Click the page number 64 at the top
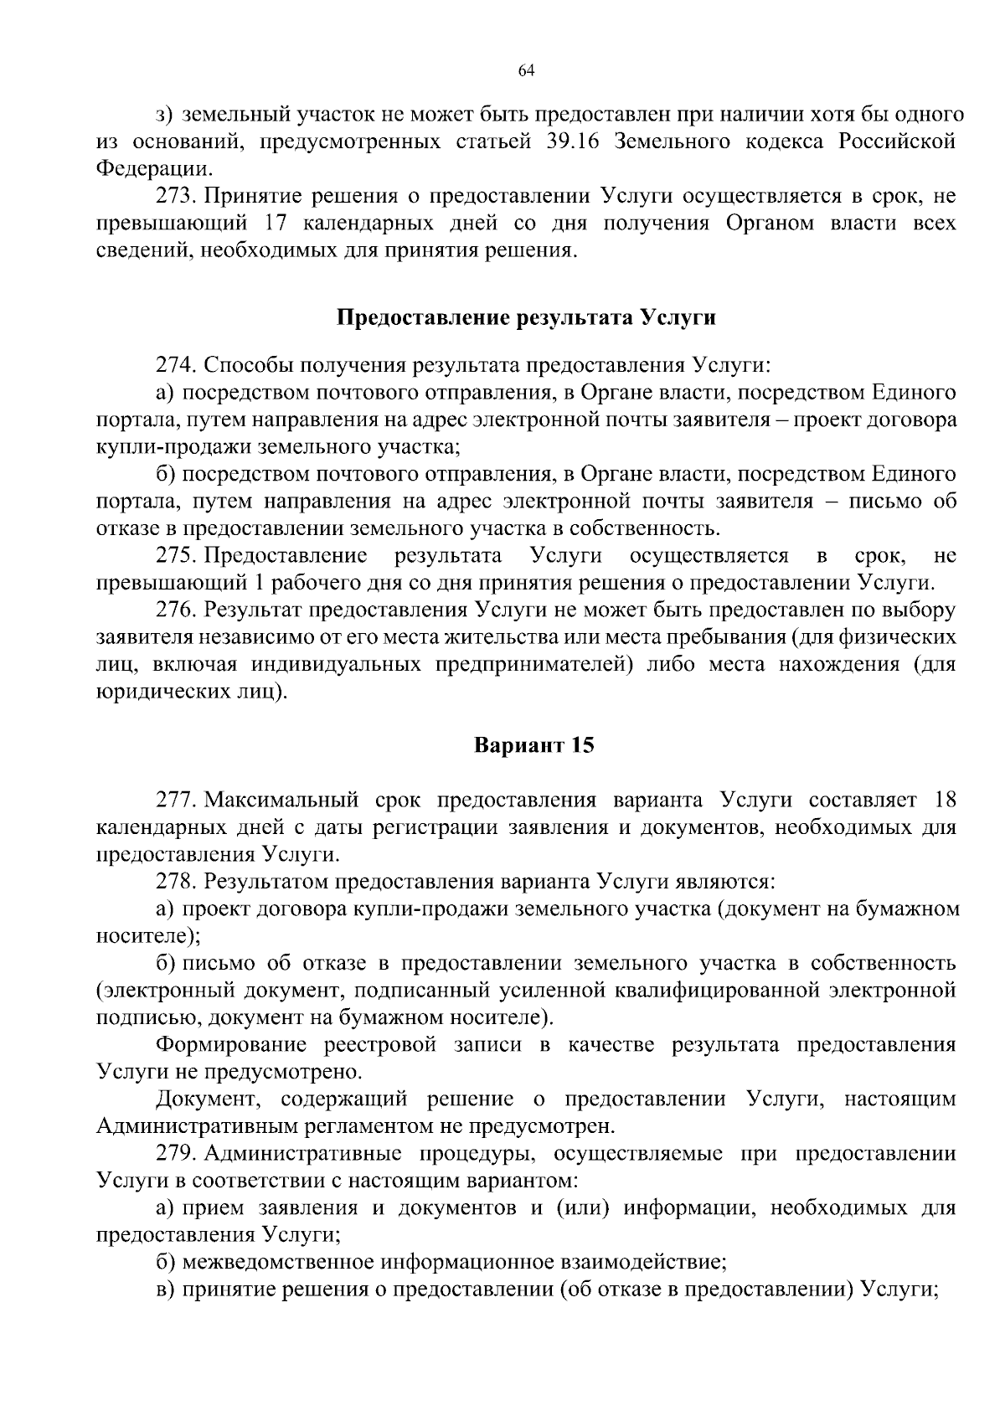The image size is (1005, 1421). [x=526, y=71]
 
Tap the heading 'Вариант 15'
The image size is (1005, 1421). [x=534, y=744]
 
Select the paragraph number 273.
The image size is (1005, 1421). [x=175, y=197]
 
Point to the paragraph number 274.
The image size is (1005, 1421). [x=175, y=366]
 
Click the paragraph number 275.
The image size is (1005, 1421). [x=175, y=556]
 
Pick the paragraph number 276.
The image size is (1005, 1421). [x=175, y=610]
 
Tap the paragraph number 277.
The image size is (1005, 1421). [x=175, y=800]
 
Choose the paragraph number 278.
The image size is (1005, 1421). [x=175, y=881]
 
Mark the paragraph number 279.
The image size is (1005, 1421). [x=175, y=1154]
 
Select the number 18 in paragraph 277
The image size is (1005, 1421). [x=944, y=800]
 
